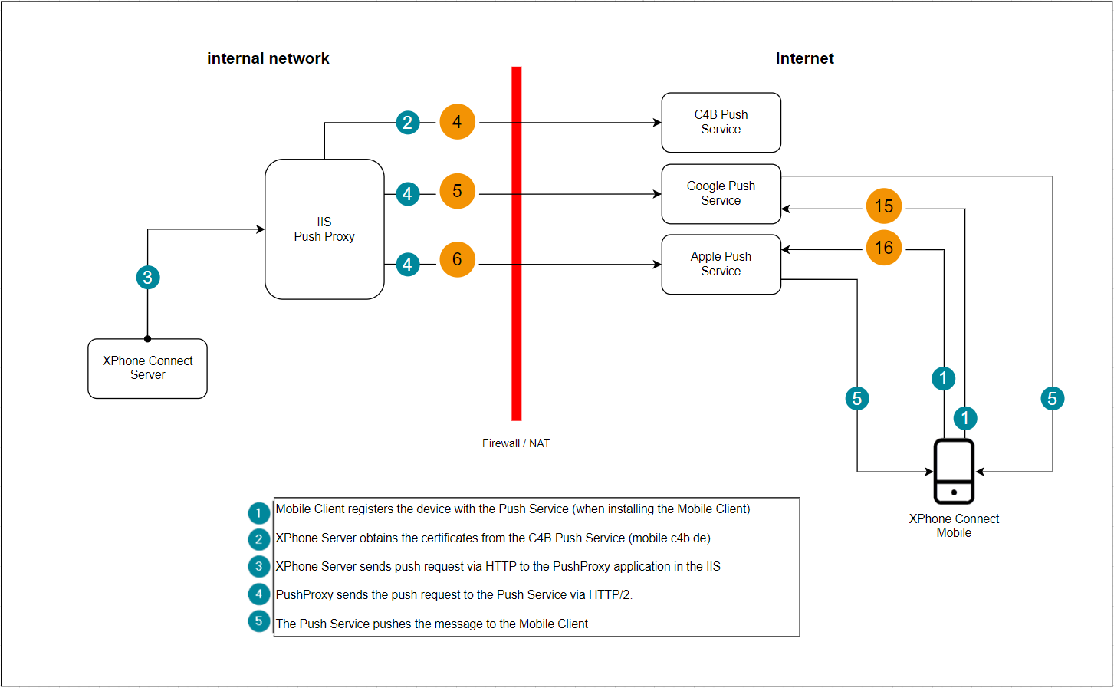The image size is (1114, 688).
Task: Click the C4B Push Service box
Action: coord(721,123)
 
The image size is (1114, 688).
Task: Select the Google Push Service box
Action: coord(721,193)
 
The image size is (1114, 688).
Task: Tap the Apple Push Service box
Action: coord(721,264)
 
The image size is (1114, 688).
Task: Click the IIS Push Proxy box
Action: coord(324,229)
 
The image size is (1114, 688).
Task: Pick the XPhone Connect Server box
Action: coord(147,368)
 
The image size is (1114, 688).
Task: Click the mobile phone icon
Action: coord(953,471)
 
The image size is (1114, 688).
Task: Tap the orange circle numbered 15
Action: coord(884,206)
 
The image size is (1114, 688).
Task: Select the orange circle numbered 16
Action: coord(884,248)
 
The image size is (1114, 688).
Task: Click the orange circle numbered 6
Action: coord(457,259)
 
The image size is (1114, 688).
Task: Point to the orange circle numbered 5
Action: coord(457,191)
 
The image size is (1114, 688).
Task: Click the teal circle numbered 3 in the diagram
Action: coord(148,277)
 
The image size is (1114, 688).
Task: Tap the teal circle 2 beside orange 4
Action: coord(408,123)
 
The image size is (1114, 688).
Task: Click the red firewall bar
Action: coord(517,244)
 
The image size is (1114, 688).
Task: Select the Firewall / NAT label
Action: coord(516,443)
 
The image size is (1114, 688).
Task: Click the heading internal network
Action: coord(268,58)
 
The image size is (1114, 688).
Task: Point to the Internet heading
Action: coord(805,58)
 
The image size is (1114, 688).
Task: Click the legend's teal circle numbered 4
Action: coord(258,594)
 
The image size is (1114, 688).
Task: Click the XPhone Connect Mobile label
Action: coord(954,525)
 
